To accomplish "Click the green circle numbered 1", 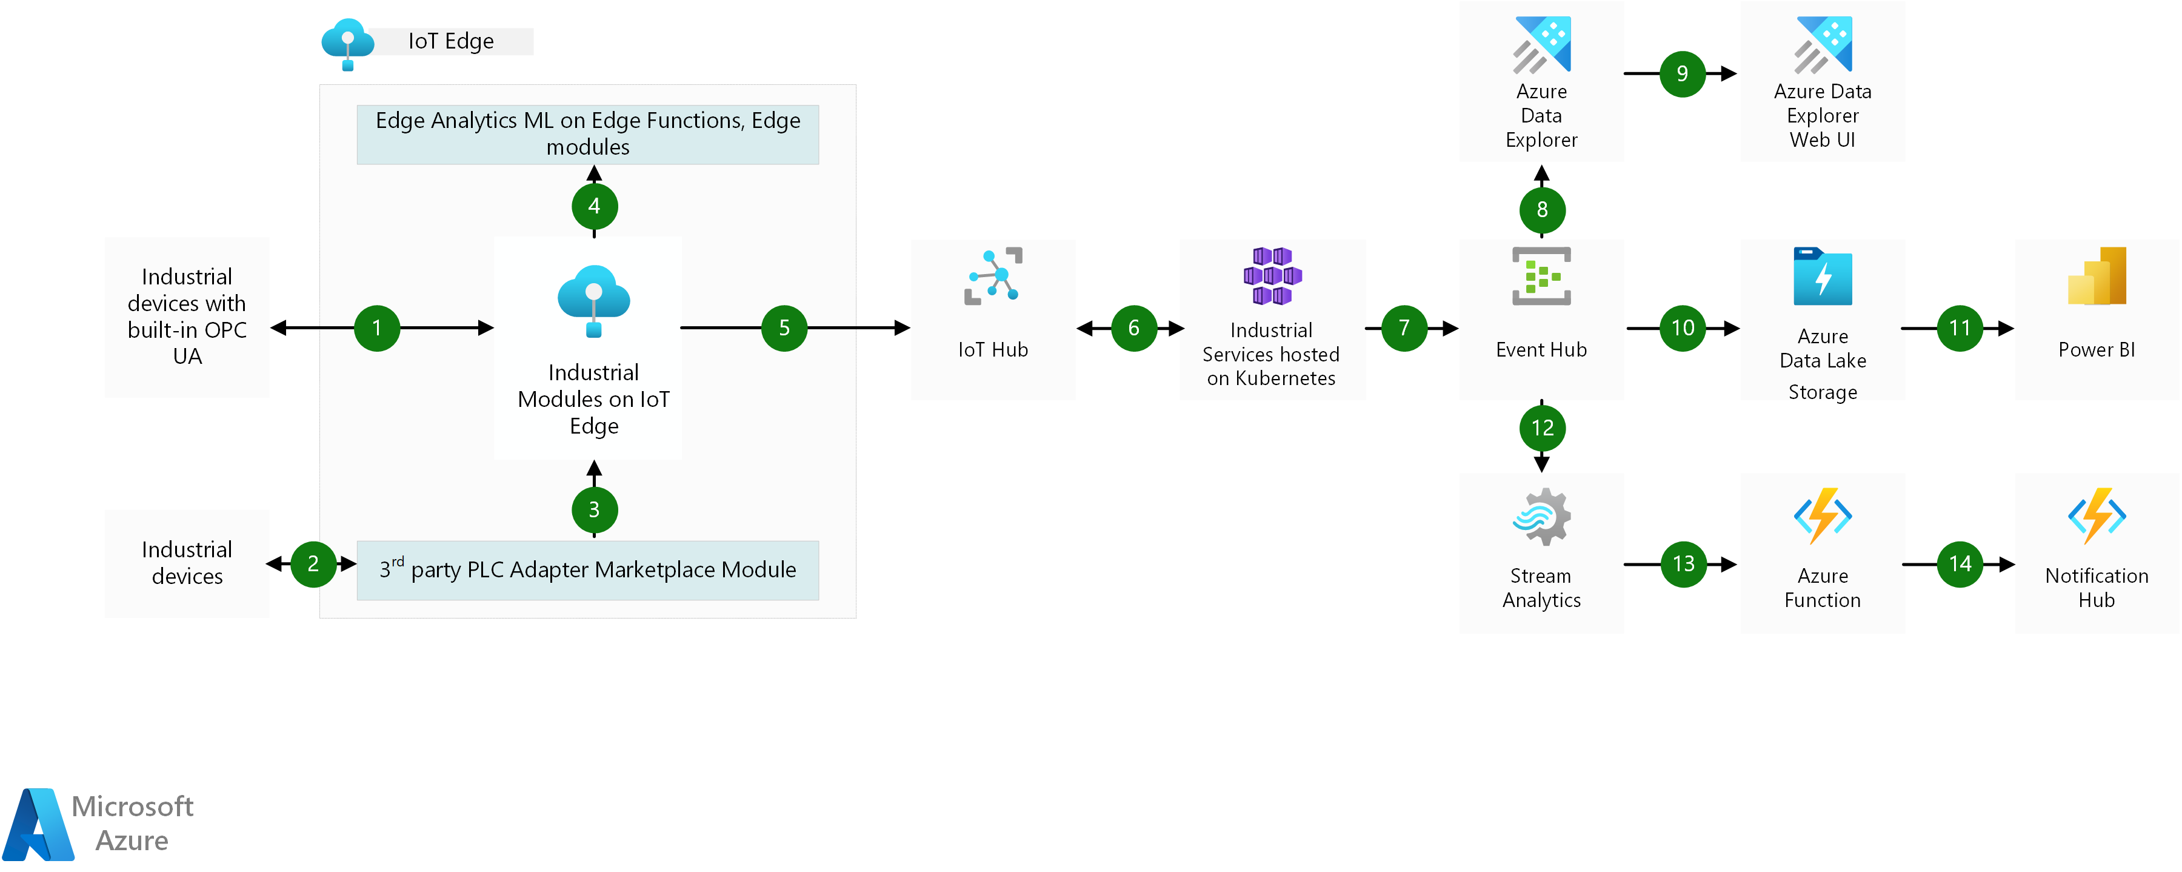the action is pyautogui.click(x=377, y=328).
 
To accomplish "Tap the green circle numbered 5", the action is pyautogui.click(x=784, y=328).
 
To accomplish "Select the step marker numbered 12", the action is pyautogui.click(x=1543, y=428).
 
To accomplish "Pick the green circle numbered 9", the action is pyautogui.click(x=1682, y=74).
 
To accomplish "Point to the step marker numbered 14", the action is pyautogui.click(x=1960, y=563).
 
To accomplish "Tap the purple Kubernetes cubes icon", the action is pyautogui.click(x=1272, y=275).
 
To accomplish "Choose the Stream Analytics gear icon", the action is pyautogui.click(x=1541, y=516).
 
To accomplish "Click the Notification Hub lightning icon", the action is pyautogui.click(x=2097, y=515).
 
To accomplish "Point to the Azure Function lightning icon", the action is pyautogui.click(x=1823, y=515).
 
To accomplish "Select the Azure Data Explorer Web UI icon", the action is pyautogui.click(x=1823, y=45).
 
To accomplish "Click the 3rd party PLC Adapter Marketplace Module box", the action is pyautogui.click(x=588, y=570).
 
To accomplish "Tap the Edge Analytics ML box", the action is pyautogui.click(x=588, y=134).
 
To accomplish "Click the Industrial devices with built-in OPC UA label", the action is pyautogui.click(x=187, y=316).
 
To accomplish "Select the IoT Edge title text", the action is pyautogui.click(x=450, y=41).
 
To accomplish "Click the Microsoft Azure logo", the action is pyautogui.click(x=98, y=823).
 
